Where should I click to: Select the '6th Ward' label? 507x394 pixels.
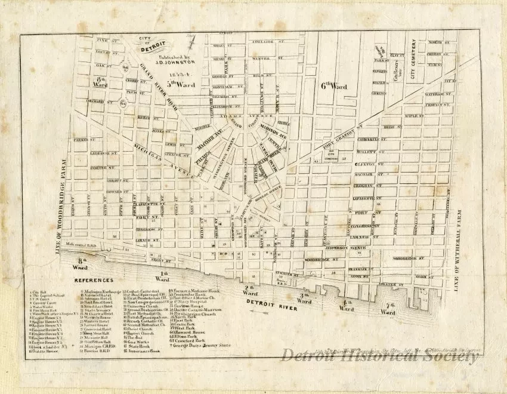(x=333, y=86)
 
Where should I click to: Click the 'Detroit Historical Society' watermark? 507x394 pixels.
(x=379, y=356)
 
